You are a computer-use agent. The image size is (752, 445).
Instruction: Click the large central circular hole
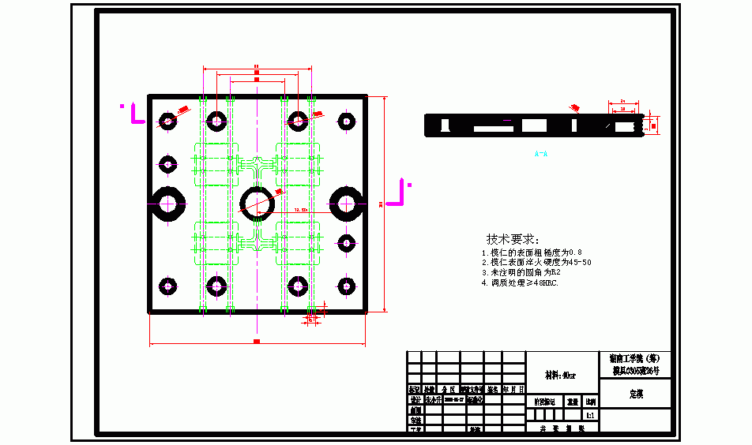click(x=258, y=202)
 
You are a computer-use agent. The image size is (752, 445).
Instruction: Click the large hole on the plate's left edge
click(x=167, y=203)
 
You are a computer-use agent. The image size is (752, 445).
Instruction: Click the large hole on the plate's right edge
click(x=346, y=203)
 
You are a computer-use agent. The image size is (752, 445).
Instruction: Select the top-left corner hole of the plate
click(x=167, y=121)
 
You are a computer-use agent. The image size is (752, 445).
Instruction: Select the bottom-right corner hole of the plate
click(x=345, y=286)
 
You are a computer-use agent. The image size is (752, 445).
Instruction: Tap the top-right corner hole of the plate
click(x=345, y=121)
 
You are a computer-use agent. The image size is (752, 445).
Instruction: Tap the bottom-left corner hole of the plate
click(x=167, y=286)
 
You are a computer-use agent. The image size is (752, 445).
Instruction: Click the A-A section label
click(x=541, y=154)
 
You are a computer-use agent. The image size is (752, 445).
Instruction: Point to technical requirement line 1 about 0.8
click(x=531, y=252)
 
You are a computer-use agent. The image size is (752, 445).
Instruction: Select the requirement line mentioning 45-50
click(x=536, y=262)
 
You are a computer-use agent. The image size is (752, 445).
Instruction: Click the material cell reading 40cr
click(x=561, y=376)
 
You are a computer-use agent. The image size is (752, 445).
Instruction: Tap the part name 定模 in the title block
click(x=636, y=393)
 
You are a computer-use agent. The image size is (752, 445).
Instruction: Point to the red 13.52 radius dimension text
click(x=300, y=211)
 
